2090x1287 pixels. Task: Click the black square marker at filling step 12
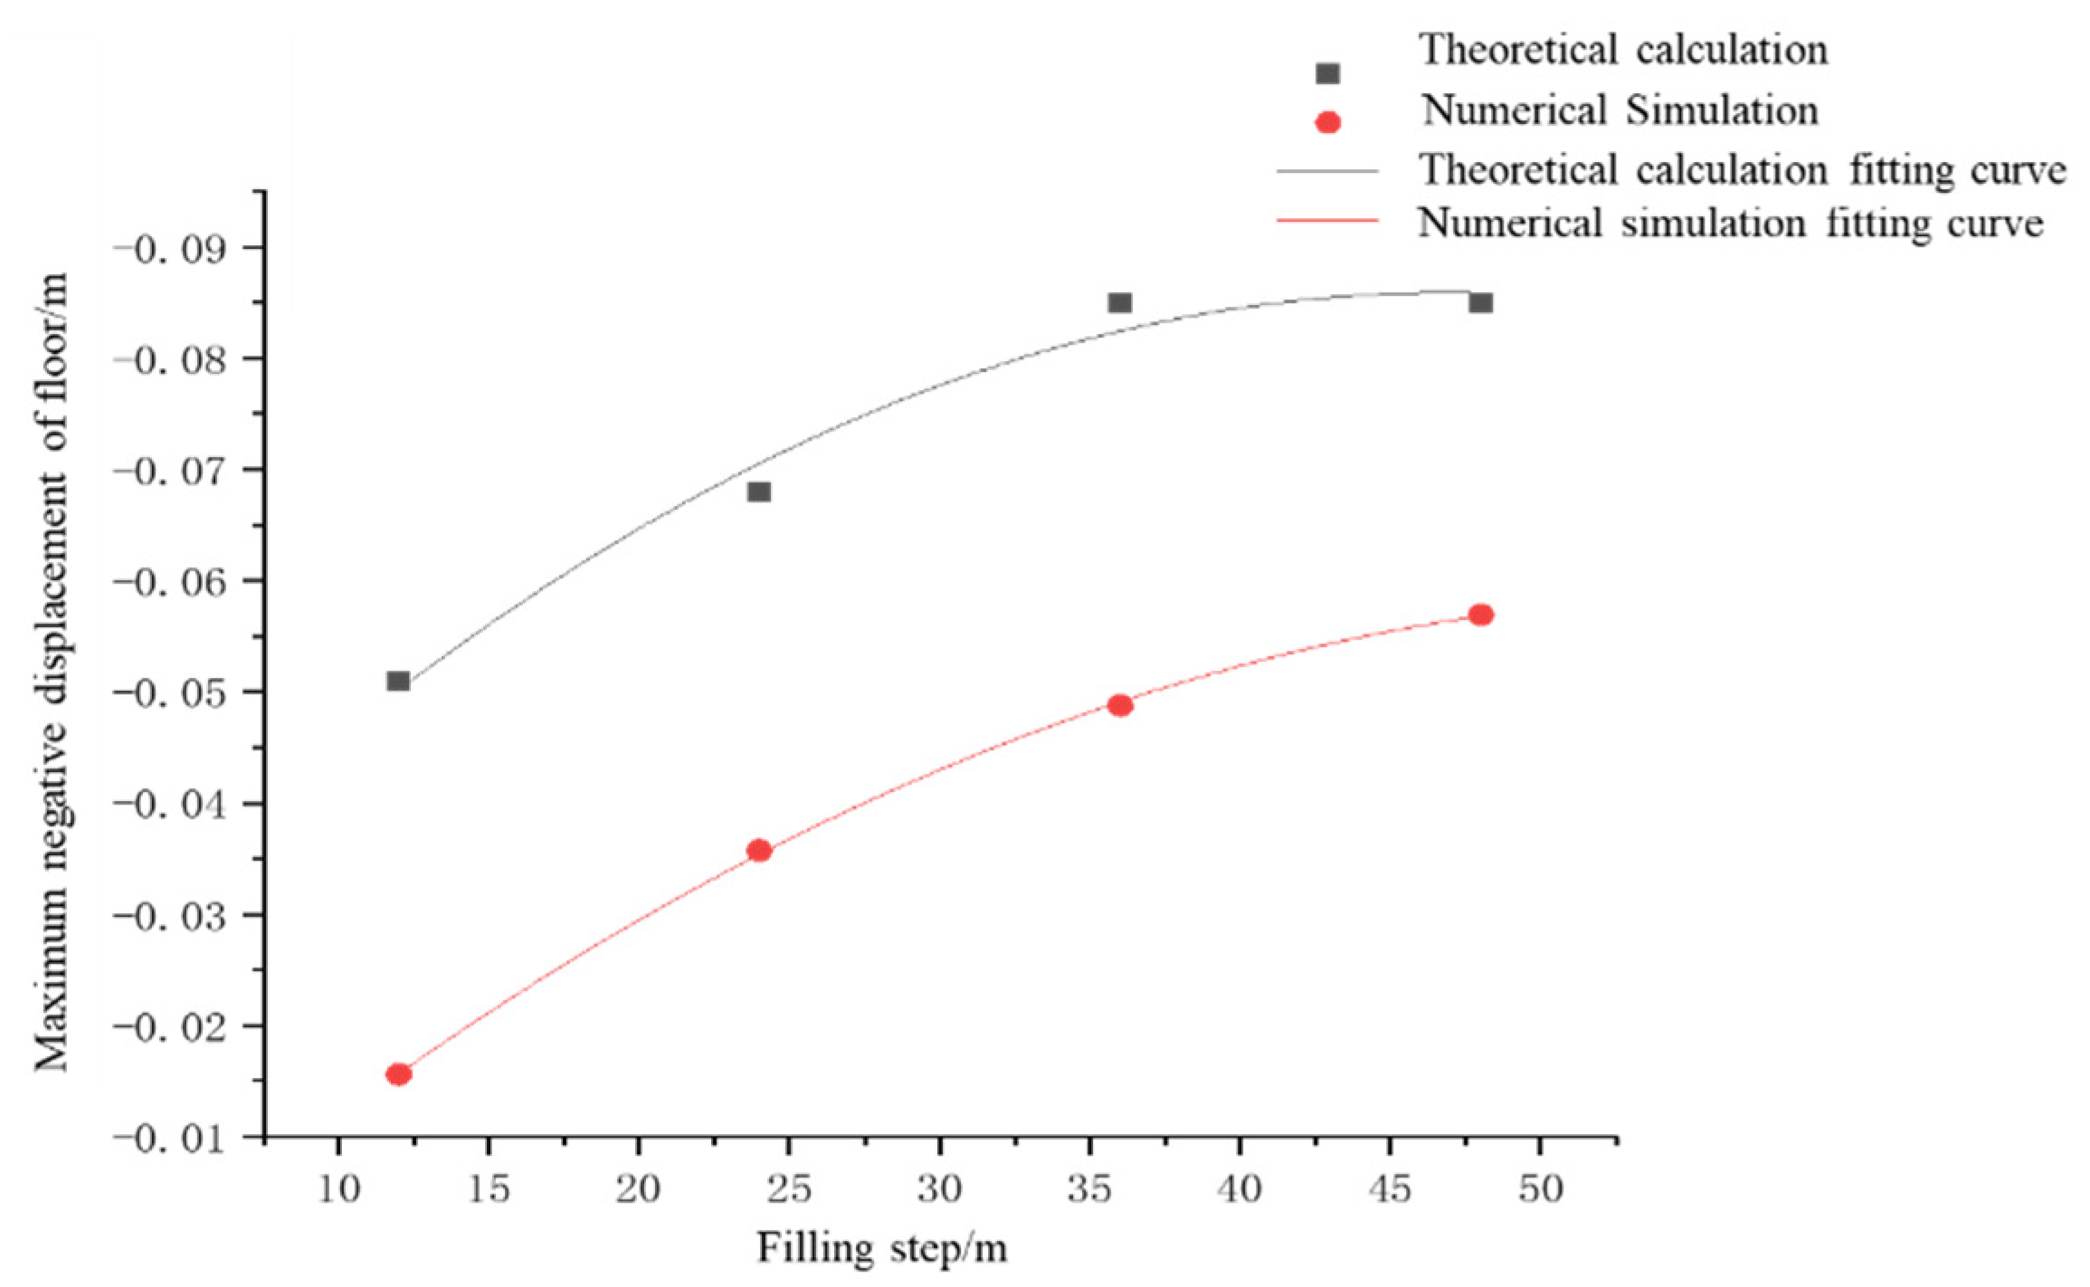398,681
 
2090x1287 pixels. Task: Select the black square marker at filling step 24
759,491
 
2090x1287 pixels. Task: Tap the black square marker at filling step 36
1120,302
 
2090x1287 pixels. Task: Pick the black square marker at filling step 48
1480,302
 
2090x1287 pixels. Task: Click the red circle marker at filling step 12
398,1074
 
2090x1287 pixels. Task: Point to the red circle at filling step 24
759,851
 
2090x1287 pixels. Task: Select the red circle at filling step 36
1120,705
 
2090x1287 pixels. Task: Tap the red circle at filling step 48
1480,615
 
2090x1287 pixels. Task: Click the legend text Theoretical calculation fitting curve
1743,170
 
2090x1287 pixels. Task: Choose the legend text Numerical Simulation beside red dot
1620,110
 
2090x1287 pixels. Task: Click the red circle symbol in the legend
1327,122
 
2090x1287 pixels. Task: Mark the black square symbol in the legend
1327,73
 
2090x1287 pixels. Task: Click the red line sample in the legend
1327,220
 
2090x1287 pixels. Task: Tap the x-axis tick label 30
939,1189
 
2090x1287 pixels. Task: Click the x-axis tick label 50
1540,1189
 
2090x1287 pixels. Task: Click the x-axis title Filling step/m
881,1249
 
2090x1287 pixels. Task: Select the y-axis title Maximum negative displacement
52,670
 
